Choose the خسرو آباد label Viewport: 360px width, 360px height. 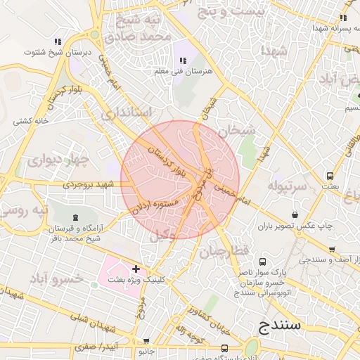click(58, 278)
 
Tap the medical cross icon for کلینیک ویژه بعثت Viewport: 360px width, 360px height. click(135, 269)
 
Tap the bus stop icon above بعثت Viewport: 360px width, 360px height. click(330, 176)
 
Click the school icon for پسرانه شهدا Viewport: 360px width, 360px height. click(342, 18)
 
